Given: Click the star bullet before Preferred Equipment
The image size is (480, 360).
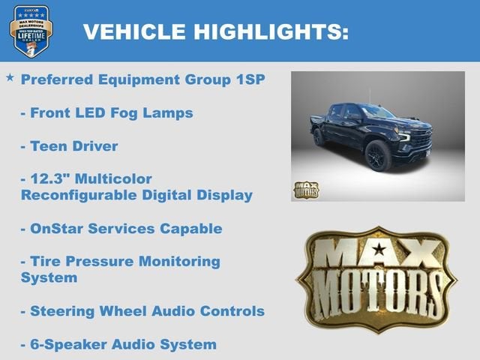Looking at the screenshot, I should coord(10,78).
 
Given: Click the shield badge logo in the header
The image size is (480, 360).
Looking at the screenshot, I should coord(31,31).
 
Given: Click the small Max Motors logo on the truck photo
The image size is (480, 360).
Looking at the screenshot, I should coord(306,189).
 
